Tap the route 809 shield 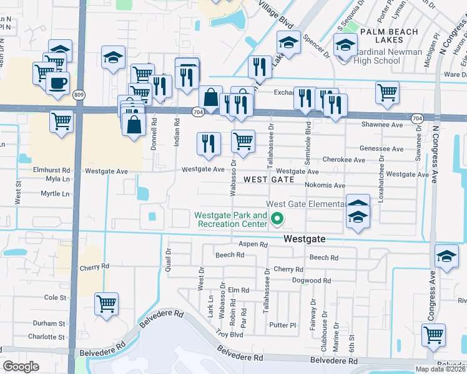(78, 95)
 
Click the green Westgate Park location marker (277, 219)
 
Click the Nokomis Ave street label (325, 185)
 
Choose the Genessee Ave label (381, 149)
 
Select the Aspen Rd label (253, 245)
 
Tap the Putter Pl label (282, 325)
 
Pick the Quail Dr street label (169, 255)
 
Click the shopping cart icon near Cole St (106, 304)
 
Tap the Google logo (21, 366)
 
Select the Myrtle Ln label (54, 194)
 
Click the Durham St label (49, 324)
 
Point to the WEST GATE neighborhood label (268, 180)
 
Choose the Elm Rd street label (238, 290)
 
